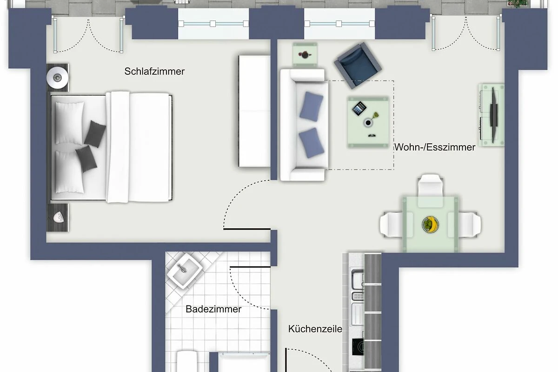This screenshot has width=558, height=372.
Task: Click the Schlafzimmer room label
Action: click(154, 72)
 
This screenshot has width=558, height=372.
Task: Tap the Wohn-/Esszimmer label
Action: click(435, 147)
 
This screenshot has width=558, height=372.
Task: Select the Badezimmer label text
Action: click(213, 309)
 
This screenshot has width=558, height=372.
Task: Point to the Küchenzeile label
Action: click(315, 329)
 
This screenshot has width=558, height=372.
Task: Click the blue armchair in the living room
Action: click(358, 66)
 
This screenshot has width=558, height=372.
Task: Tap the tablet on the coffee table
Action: click(359, 108)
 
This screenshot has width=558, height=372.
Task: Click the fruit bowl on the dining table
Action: click(430, 224)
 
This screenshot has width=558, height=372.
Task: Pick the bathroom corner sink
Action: click(184, 271)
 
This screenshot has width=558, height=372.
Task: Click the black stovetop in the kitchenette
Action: click(358, 346)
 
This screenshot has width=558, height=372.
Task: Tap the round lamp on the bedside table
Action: click(57, 78)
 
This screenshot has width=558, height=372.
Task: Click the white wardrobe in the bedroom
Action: click(255, 111)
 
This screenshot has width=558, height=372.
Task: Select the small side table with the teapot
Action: click(305, 55)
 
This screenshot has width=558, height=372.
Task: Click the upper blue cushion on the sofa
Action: click(312, 106)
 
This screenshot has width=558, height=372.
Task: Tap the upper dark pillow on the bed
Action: click(95, 134)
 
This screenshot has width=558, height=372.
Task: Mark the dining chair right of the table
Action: click(465, 225)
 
